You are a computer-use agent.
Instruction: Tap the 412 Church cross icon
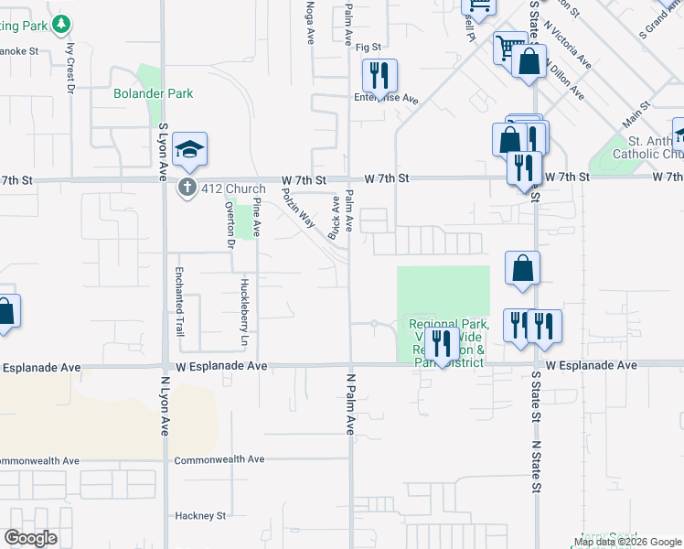187,187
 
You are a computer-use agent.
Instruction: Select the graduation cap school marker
188,150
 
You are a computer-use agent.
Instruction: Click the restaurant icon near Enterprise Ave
379,75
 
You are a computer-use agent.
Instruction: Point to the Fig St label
368,47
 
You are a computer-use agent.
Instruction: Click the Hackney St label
200,516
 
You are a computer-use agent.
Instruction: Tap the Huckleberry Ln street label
244,312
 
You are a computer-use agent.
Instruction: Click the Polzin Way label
297,208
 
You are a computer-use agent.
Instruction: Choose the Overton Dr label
230,224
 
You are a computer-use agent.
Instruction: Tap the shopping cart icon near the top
508,47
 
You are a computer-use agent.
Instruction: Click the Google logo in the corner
31,538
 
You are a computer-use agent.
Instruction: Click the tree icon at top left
61,23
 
